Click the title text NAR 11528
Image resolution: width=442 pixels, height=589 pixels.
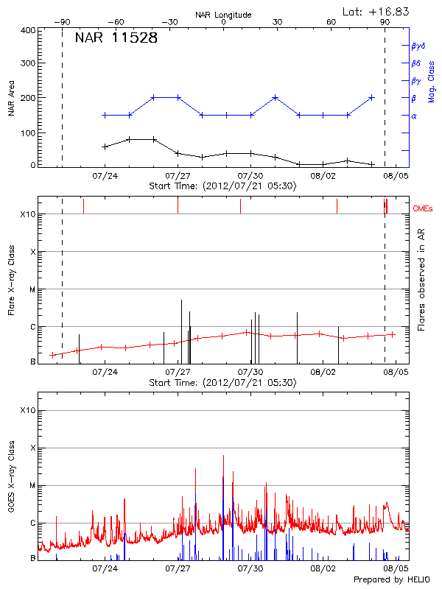click(x=116, y=38)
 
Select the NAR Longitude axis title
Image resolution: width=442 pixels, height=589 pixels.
click(x=223, y=15)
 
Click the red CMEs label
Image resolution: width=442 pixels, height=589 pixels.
click(x=424, y=210)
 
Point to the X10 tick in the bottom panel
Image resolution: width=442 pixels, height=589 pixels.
click(x=29, y=409)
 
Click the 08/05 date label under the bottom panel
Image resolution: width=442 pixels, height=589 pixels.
click(x=396, y=568)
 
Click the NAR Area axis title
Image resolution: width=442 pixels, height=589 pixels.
click(x=11, y=97)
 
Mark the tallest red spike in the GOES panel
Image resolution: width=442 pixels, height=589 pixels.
click(x=222, y=456)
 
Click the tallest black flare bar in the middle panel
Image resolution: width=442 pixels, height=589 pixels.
click(x=181, y=300)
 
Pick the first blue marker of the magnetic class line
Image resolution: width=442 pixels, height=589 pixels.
click(x=105, y=115)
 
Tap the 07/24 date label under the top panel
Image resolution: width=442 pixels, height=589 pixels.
click(x=105, y=176)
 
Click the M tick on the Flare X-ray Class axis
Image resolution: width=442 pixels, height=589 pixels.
click(x=32, y=289)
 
